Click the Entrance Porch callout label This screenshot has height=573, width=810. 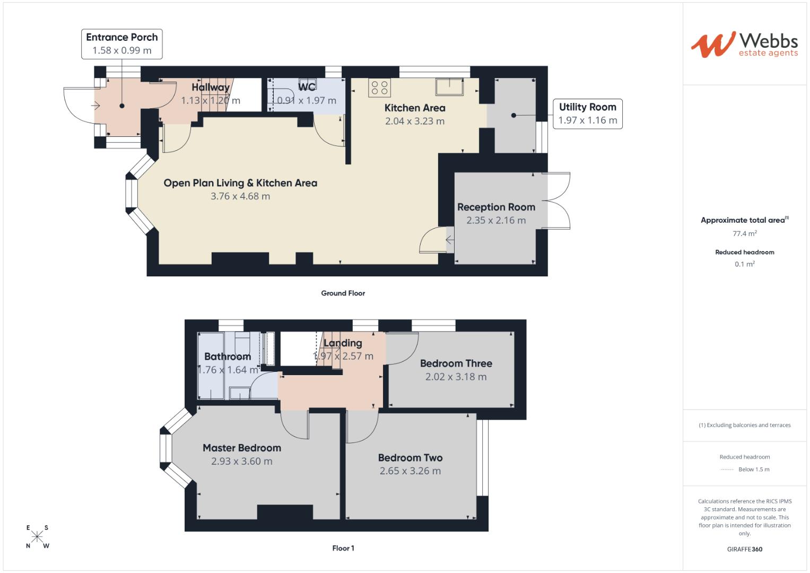122,44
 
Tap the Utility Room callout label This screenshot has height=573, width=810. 587,114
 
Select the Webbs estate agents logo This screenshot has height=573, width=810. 744,45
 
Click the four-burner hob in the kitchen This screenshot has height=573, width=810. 379,88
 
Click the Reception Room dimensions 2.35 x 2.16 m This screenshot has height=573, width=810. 496,220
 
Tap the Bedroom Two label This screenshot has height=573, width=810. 410,457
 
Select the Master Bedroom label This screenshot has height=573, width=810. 242,448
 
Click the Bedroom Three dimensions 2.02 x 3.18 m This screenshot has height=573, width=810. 456,377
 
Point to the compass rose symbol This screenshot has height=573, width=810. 37,537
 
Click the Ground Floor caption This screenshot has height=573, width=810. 343,293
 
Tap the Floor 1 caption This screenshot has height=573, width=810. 343,548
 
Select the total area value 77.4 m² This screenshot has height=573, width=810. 744,233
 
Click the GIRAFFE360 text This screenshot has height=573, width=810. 744,549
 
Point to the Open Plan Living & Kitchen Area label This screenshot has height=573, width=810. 240,183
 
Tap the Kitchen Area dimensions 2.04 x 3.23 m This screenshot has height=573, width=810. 415,121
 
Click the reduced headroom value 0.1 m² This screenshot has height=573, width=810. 744,264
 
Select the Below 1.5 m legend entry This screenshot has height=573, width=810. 753,469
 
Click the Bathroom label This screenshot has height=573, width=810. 228,357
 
